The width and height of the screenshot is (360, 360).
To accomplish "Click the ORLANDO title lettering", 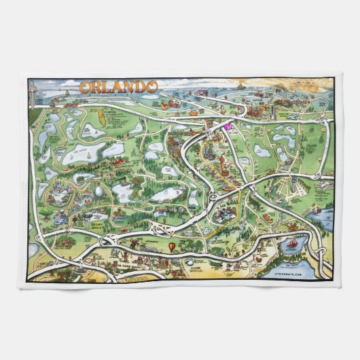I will (109, 87).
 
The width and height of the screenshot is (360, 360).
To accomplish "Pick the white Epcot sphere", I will (100, 192).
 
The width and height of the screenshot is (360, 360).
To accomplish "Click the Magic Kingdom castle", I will (58, 183).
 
